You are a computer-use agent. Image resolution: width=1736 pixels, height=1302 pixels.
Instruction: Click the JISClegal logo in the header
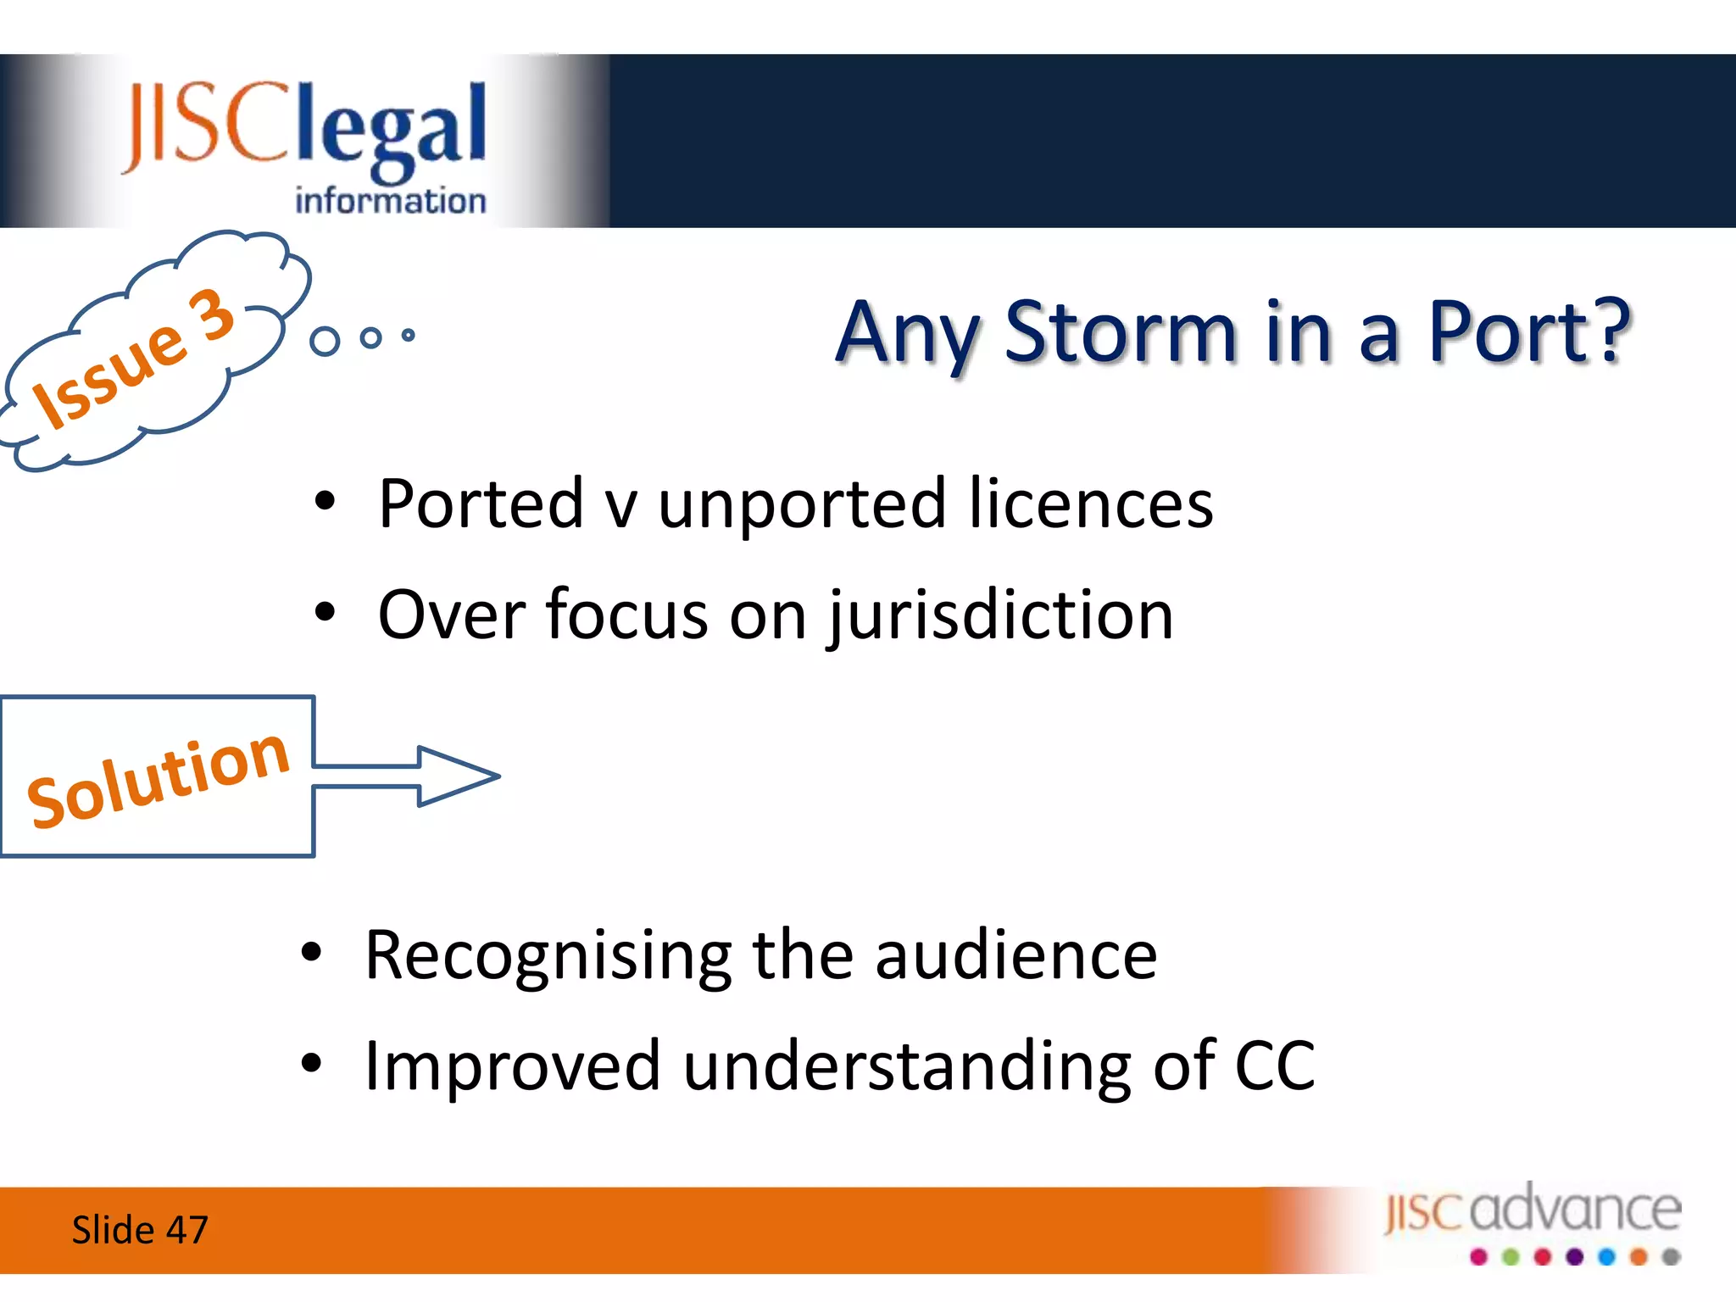tap(305, 127)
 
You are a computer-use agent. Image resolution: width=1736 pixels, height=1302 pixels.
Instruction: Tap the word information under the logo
tap(390, 201)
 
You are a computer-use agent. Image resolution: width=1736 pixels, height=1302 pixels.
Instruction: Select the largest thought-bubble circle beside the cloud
tap(325, 341)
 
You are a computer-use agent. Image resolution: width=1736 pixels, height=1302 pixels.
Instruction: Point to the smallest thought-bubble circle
tap(409, 335)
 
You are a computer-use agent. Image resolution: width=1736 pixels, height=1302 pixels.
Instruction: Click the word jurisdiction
tap(1001, 616)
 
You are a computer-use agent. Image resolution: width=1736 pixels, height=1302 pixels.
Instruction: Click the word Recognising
tap(548, 956)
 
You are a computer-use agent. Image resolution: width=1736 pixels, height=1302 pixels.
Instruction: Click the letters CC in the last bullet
tap(1275, 1066)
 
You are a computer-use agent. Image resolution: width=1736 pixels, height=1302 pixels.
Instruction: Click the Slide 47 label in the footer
tap(140, 1230)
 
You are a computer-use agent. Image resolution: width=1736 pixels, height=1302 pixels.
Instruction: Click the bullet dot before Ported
tap(325, 502)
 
